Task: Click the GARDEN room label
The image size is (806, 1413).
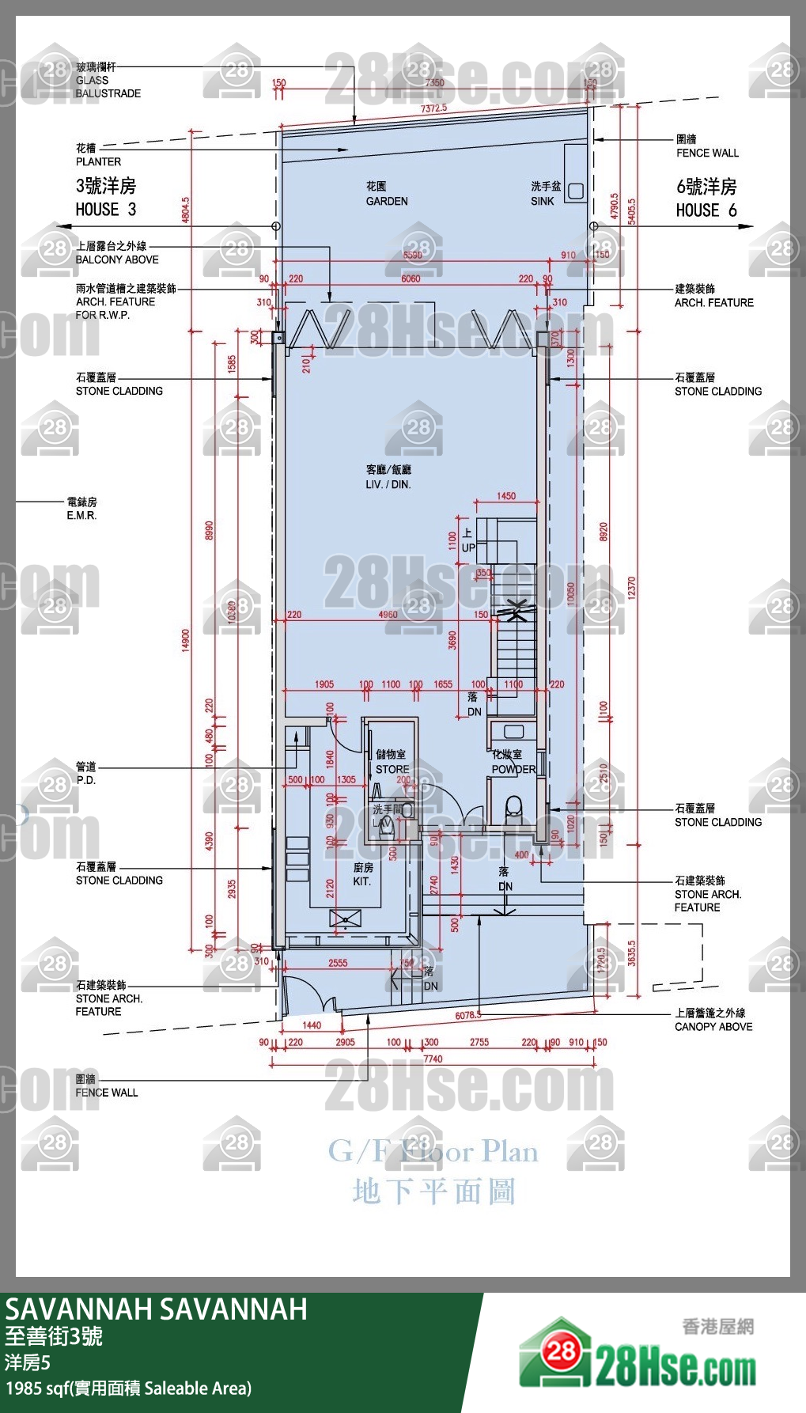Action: [386, 194]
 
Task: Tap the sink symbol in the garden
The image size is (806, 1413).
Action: [576, 191]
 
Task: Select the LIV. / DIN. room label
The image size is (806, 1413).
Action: [388, 477]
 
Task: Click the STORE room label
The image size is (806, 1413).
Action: [392, 762]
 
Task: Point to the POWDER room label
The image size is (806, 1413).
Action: [513, 762]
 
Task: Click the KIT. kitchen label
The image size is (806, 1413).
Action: [362, 874]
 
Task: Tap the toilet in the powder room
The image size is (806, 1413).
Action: [513, 808]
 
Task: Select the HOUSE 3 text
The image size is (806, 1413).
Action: [106, 198]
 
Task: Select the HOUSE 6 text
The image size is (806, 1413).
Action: [706, 198]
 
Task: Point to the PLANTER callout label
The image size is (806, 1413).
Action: [98, 155]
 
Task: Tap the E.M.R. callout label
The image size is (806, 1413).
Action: [81, 509]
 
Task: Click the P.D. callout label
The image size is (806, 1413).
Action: [85, 774]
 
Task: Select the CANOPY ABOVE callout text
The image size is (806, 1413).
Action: [713, 1020]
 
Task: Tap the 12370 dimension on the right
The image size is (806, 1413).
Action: [631, 587]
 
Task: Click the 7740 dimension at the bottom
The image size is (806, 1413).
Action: [433, 1059]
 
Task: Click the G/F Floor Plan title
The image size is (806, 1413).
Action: [433, 1151]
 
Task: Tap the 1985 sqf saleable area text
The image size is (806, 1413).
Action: [128, 1388]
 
